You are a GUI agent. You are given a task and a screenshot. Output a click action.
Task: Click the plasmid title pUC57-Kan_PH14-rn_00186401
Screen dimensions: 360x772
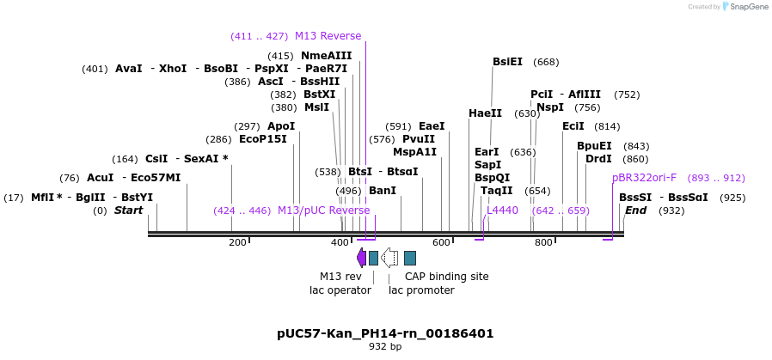(x=385, y=333)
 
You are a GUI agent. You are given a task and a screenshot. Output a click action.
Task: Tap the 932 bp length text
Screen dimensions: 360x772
(x=385, y=347)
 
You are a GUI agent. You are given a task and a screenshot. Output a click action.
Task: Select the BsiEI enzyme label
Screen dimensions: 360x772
(x=507, y=62)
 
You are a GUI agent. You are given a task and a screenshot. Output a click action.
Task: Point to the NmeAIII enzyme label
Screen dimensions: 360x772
(x=327, y=56)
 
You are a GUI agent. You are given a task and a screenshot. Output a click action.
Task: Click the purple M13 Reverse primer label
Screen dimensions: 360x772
(x=328, y=36)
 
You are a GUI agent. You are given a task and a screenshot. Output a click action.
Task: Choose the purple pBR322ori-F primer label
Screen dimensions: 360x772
(x=644, y=178)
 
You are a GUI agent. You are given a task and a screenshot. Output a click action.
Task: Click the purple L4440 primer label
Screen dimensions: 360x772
(x=502, y=211)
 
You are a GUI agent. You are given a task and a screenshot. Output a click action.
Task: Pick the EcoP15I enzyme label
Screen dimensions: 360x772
(x=263, y=139)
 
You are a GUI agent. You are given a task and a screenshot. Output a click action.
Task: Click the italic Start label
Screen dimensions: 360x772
(x=128, y=211)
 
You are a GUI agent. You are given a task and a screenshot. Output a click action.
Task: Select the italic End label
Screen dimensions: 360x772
(x=635, y=211)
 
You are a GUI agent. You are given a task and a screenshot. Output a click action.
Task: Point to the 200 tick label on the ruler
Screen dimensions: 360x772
(x=237, y=243)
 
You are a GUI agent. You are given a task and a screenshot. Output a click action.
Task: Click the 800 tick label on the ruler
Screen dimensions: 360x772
(x=543, y=243)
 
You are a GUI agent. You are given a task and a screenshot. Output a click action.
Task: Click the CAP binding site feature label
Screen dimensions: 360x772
(x=447, y=277)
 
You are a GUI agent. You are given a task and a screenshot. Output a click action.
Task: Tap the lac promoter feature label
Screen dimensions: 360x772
(x=421, y=290)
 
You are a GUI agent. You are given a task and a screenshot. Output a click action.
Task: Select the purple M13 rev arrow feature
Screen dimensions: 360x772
(x=361, y=257)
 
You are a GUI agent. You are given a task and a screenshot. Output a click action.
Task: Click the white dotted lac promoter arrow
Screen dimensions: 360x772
(x=389, y=257)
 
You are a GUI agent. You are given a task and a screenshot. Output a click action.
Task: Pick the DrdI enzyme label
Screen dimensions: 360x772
(x=598, y=159)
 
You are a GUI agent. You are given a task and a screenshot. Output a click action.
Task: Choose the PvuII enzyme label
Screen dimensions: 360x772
(x=419, y=139)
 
